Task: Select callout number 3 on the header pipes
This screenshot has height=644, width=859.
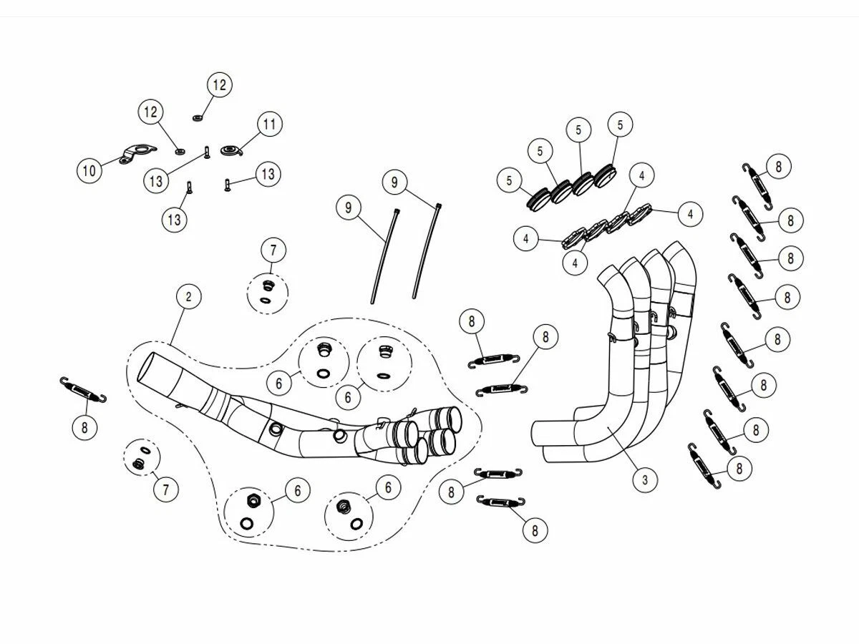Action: point(644,479)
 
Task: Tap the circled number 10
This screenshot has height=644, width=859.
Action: point(89,170)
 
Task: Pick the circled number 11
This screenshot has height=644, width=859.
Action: point(268,125)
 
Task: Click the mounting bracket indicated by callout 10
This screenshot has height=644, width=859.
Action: point(137,155)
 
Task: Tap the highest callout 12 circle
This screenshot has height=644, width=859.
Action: point(218,85)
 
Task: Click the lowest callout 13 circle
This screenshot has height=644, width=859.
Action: point(175,219)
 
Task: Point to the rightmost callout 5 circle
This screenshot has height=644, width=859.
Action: point(620,125)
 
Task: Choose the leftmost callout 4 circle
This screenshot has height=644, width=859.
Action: point(526,238)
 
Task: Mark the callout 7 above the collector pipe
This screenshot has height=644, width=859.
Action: point(273,250)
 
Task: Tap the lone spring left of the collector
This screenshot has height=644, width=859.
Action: point(84,390)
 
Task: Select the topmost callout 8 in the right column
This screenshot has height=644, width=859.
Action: point(778,167)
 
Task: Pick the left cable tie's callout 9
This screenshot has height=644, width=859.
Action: point(349,208)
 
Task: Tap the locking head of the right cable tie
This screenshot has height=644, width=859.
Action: point(437,206)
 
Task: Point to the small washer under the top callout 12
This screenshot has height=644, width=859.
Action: point(197,116)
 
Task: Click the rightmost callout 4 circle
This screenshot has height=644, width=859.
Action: point(690,213)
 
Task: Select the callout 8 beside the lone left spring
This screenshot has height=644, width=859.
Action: point(84,427)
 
